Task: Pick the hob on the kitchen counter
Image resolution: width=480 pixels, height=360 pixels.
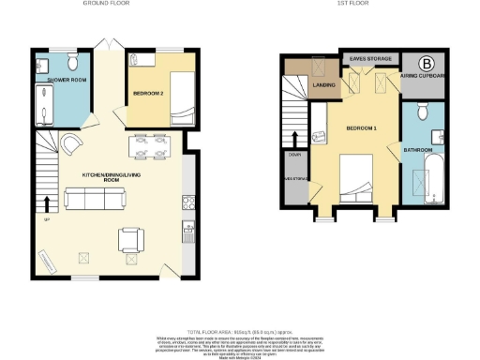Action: click(187, 201)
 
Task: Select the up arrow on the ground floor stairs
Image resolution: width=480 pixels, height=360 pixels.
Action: click(48, 202)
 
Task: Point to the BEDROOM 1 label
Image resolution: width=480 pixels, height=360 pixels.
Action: click(361, 127)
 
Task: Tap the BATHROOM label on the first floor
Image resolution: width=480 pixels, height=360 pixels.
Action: click(417, 150)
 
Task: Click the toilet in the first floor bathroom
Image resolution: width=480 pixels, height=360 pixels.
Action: click(422, 113)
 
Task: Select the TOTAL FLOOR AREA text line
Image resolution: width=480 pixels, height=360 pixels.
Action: click(239, 332)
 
